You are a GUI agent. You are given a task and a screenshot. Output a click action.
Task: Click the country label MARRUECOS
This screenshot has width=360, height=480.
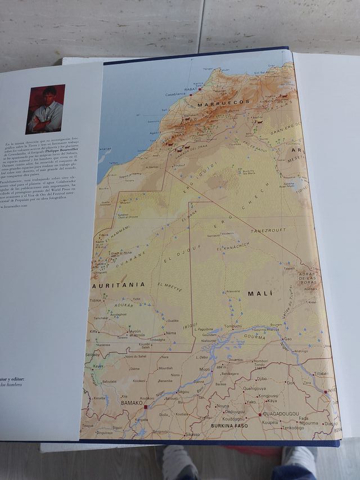point(229,102)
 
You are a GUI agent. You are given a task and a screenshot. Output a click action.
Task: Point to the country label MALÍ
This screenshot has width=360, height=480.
point(259,293)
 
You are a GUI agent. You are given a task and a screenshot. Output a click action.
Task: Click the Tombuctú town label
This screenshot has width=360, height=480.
point(233,325)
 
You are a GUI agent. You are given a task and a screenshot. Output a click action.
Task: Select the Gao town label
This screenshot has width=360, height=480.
point(288,339)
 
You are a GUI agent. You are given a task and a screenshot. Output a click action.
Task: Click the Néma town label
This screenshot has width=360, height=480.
point(171,333)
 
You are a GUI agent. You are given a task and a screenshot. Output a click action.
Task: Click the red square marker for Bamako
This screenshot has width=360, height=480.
point(145,406)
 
